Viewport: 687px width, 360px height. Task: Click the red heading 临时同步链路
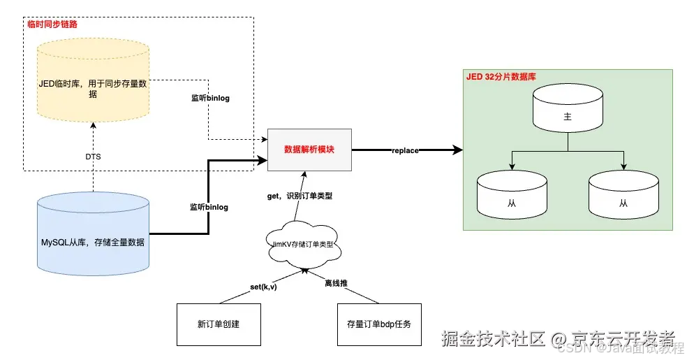pyautogui.click(x=52, y=24)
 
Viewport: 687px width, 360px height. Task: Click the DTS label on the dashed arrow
pyautogui.click(x=93, y=157)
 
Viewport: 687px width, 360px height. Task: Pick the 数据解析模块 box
pyautogui.click(x=309, y=150)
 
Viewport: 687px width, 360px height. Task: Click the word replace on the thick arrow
pyautogui.click(x=405, y=150)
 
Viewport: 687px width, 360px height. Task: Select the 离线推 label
pyautogui.click(x=336, y=284)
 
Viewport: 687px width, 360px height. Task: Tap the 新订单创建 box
pyautogui.click(x=219, y=324)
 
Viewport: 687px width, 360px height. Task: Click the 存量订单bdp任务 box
pyautogui.click(x=379, y=324)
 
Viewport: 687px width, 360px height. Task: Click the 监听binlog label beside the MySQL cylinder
pyautogui.click(x=209, y=207)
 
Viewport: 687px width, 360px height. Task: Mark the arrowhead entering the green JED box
pyautogui.click(x=458, y=150)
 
